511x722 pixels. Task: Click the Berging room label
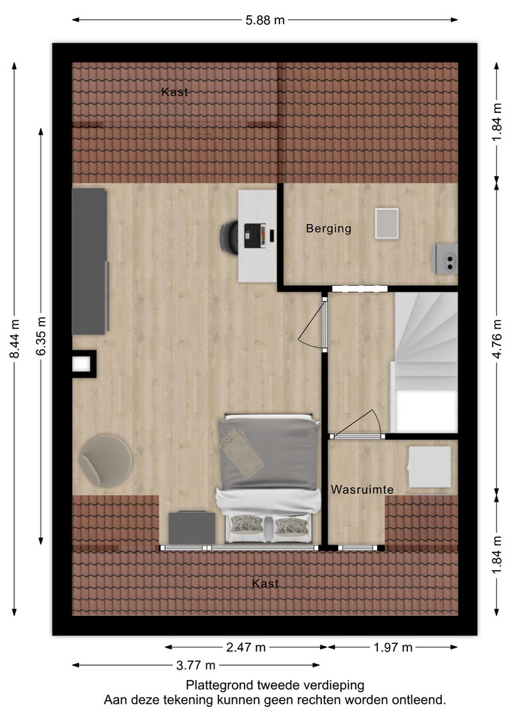pyautogui.click(x=329, y=229)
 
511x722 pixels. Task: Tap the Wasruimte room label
pyautogui.click(x=362, y=490)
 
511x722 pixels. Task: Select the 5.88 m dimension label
pyautogui.click(x=265, y=20)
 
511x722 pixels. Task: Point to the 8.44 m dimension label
pyautogui.click(x=15, y=338)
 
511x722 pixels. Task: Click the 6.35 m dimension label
pyautogui.click(x=41, y=335)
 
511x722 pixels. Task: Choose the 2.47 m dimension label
pyautogui.click(x=246, y=648)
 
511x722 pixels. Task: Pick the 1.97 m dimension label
pyautogui.click(x=393, y=648)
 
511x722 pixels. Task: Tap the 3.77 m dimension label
pyautogui.click(x=196, y=666)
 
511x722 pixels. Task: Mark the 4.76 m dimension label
pyautogui.click(x=497, y=338)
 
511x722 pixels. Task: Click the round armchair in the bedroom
pyautogui.click(x=106, y=460)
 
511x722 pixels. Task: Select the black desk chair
pyautogui.click(x=229, y=237)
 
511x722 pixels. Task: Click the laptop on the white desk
pyautogui.click(x=255, y=235)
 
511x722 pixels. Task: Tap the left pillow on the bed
pyautogui.click(x=247, y=525)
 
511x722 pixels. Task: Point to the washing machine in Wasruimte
pyautogui.click(x=430, y=467)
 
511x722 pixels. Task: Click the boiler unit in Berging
pyautogui.click(x=445, y=259)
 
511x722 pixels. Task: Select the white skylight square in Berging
pyautogui.click(x=387, y=223)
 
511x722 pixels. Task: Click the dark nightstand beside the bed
pyautogui.click(x=192, y=528)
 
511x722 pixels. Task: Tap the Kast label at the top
pyautogui.click(x=175, y=92)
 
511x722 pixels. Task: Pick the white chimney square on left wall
pyautogui.click(x=81, y=364)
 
